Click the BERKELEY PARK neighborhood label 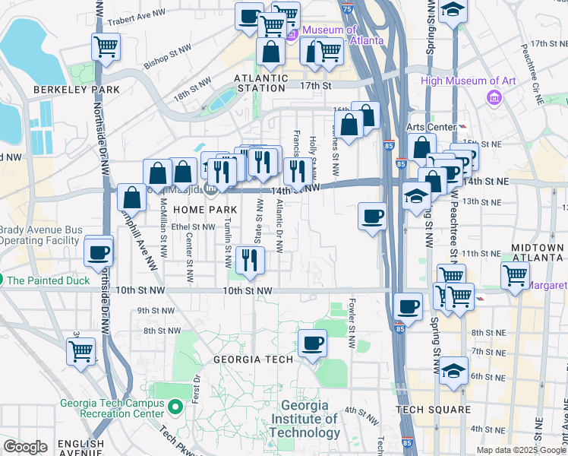tap(76, 90)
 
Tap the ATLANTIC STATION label tap(260, 83)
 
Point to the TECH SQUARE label tap(434, 410)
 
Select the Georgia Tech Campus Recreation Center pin tap(175, 408)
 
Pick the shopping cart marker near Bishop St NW tap(106, 47)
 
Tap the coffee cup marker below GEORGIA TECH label tap(312, 344)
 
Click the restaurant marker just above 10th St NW tap(250, 260)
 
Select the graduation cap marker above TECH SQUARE tap(453, 372)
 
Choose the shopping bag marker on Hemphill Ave tap(132, 198)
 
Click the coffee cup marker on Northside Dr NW tap(99, 252)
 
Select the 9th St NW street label tap(153, 310)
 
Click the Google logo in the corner tap(25, 447)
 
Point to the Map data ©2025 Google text tap(521, 450)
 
